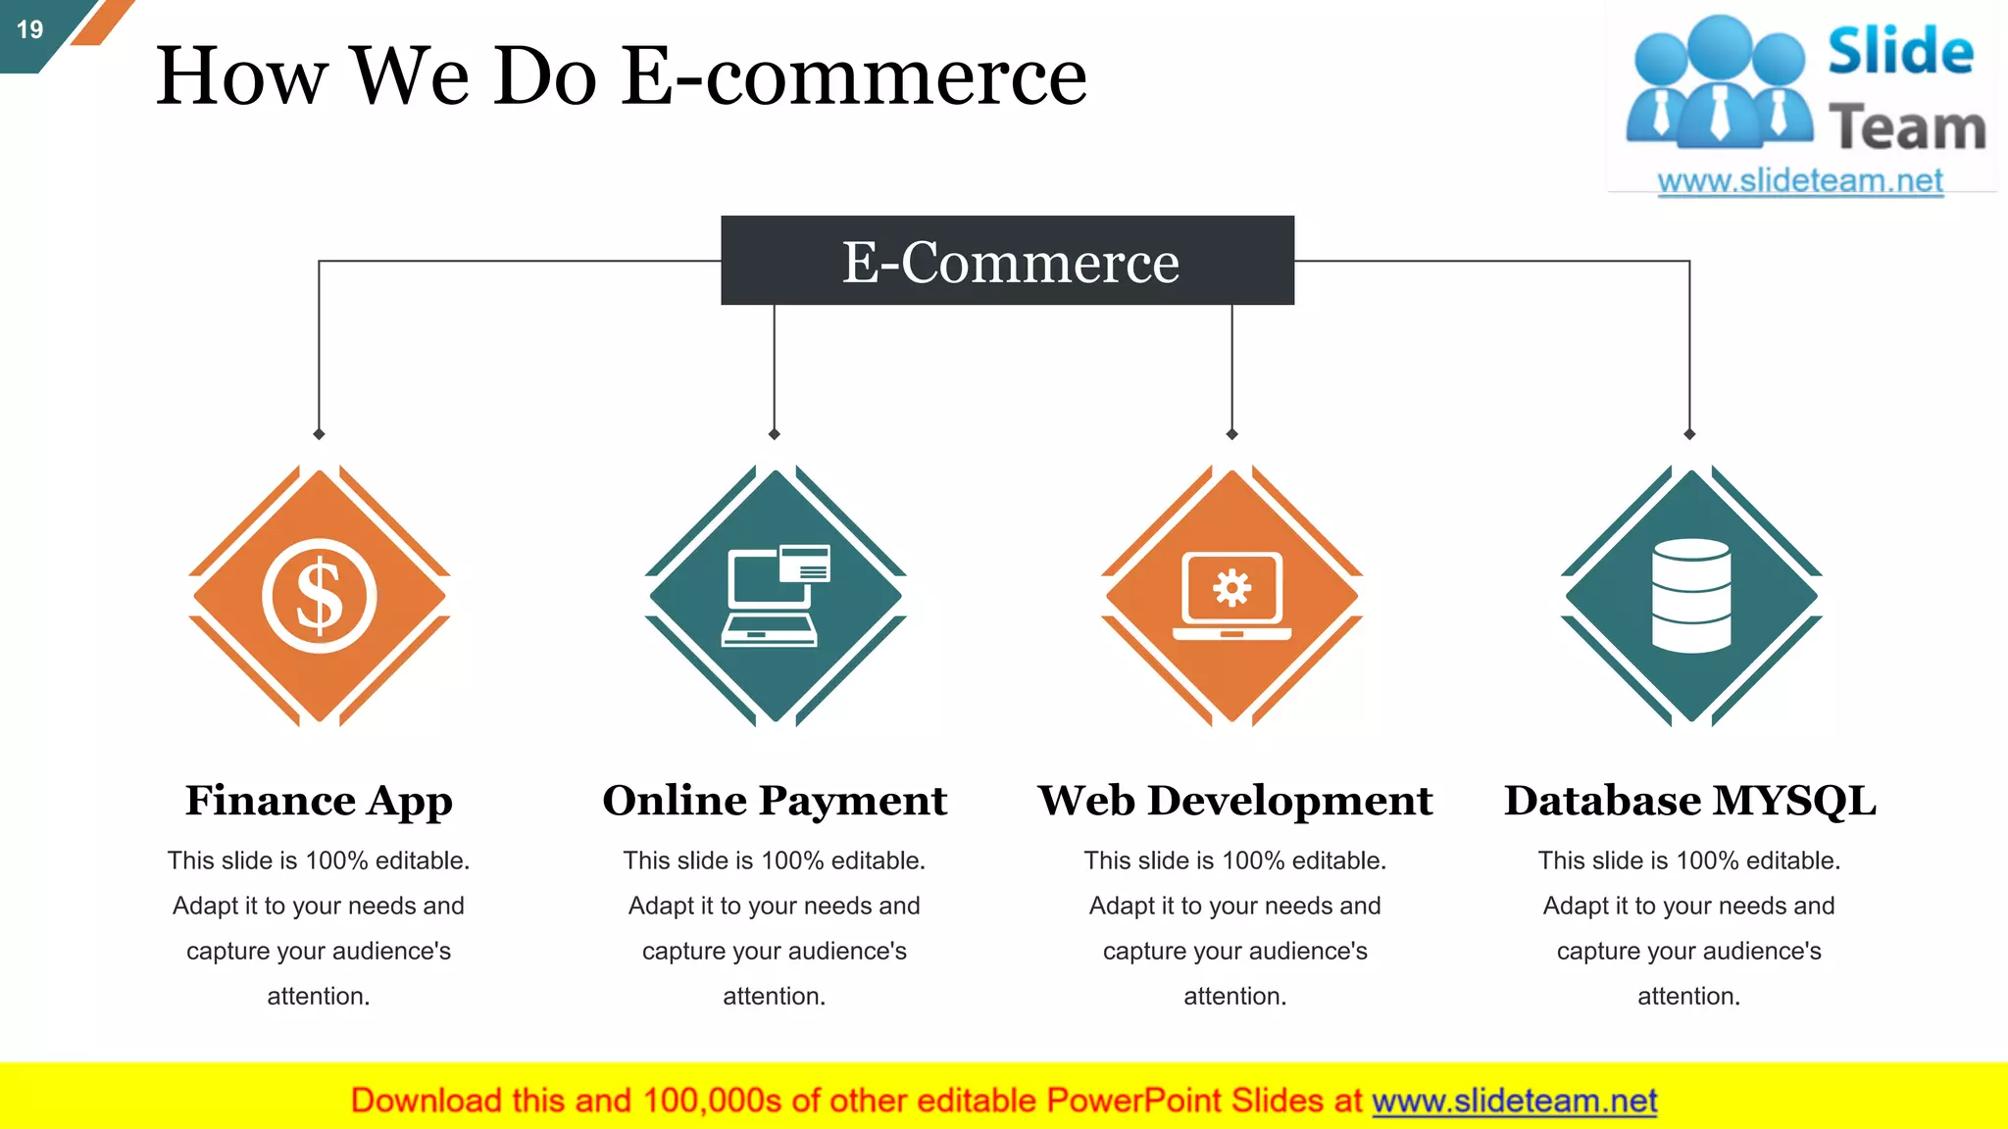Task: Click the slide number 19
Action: pos(30,29)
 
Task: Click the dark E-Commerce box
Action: pos(1007,261)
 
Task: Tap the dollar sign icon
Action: pos(320,596)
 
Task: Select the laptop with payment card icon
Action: pos(776,596)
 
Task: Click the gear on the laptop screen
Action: pos(1231,588)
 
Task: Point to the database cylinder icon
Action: pos(1690,596)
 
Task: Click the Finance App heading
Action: pos(319,801)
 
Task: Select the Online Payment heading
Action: pos(775,801)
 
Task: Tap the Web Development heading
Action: pos(1234,801)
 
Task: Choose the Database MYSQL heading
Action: pos(1689,801)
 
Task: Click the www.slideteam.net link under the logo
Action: pos(1800,181)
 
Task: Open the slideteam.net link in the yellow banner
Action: pos(1514,1101)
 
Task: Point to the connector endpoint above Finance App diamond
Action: pos(319,434)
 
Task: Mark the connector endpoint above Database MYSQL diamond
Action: pos(1689,434)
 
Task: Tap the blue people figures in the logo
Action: pos(1718,83)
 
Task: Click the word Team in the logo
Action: pos(1906,128)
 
